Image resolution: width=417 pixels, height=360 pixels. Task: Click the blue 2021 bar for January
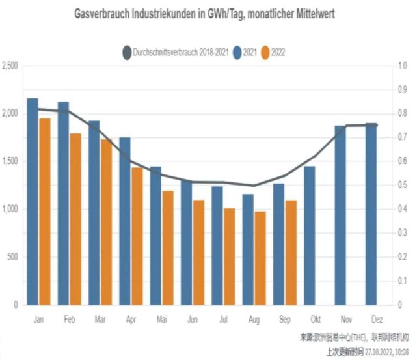[33, 202]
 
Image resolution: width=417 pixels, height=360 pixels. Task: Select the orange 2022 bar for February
[75, 219]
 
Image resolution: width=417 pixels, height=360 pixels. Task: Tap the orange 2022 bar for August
[260, 258]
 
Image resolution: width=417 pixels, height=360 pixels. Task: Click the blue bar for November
[340, 215]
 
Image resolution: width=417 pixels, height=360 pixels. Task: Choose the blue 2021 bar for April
[125, 221]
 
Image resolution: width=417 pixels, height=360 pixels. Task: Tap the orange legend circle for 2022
[265, 51]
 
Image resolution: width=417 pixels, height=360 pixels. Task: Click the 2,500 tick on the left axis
[10, 66]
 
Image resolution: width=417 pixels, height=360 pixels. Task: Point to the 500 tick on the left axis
[13, 256]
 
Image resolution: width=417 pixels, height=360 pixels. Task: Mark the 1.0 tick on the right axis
[403, 66]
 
